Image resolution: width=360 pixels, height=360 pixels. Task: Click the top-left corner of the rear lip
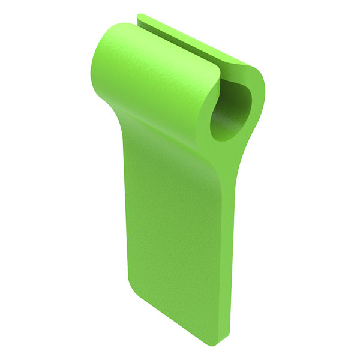coord(139,16)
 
